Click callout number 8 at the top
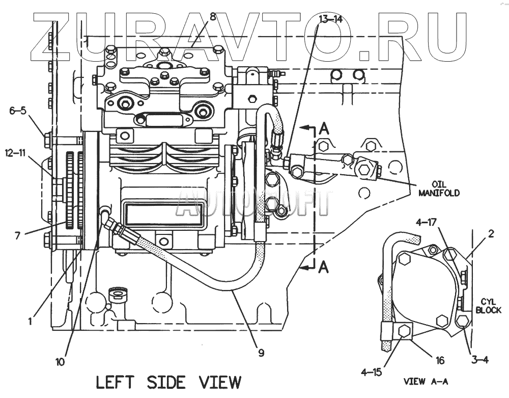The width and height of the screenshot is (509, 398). pyautogui.click(x=213, y=16)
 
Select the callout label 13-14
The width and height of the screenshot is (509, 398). pyautogui.click(x=330, y=19)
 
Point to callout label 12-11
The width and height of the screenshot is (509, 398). pyautogui.click(x=17, y=152)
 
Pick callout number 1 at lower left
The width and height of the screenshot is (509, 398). pyautogui.click(x=31, y=322)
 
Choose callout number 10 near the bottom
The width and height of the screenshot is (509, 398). pyautogui.click(x=60, y=362)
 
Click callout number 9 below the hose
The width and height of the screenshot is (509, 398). pyautogui.click(x=261, y=352)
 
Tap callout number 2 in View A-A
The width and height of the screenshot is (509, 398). pyautogui.click(x=491, y=234)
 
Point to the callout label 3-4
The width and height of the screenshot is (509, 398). pyautogui.click(x=479, y=360)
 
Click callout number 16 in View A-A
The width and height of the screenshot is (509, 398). pyautogui.click(x=440, y=361)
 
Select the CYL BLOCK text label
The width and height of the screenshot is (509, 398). pyautogui.click(x=488, y=306)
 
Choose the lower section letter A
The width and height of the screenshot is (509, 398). pyautogui.click(x=323, y=267)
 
